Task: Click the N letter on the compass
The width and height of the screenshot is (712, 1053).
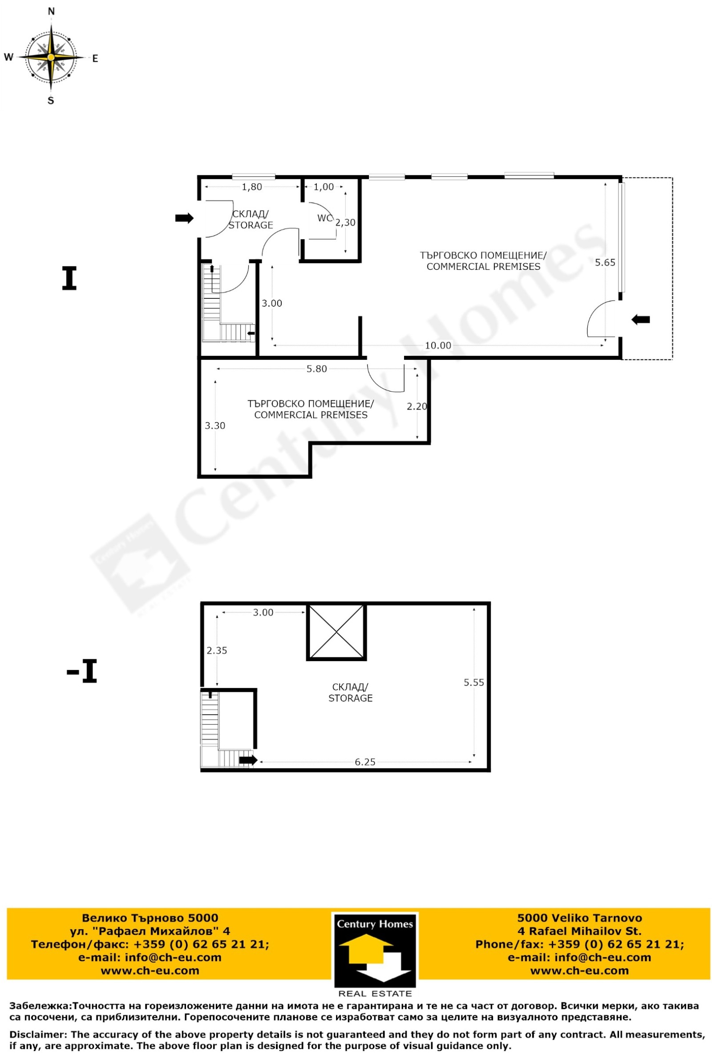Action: point(51,11)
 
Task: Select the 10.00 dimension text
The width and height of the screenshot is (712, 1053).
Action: point(438,345)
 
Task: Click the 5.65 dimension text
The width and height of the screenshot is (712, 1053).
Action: point(605,262)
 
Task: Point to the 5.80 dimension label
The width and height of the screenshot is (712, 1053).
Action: point(316,369)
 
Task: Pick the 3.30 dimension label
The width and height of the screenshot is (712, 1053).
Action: point(215,426)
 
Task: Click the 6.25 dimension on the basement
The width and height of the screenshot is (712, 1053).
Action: point(365,762)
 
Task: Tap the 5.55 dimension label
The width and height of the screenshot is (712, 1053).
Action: point(474,682)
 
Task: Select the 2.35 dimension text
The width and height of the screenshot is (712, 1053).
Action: point(217,650)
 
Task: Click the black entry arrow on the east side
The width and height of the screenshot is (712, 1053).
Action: point(640,319)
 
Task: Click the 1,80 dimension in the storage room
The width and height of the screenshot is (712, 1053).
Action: point(252,187)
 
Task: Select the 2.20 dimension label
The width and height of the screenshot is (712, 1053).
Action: point(417,407)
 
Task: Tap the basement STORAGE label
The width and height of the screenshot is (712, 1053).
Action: point(350,692)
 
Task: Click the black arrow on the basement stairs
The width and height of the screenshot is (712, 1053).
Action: point(248,760)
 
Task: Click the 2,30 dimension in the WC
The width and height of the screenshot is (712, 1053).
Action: point(345,223)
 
